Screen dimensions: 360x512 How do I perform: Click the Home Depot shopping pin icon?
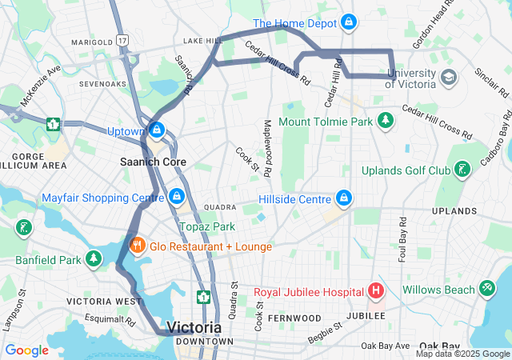point(348,22)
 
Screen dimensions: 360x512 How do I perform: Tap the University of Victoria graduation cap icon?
point(448,78)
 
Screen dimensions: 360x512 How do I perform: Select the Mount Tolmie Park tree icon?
point(386,121)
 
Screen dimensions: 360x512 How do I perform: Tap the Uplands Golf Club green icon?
point(462,169)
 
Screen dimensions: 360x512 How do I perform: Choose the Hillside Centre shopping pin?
point(344,197)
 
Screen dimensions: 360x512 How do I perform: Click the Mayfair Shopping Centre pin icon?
point(177,196)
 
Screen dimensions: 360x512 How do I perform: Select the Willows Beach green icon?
point(486,289)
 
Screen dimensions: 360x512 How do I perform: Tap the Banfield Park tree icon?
point(94,258)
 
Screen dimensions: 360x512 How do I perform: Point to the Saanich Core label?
point(153,162)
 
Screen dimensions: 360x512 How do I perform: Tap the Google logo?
point(26,350)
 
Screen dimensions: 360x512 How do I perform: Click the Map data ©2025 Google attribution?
point(462,354)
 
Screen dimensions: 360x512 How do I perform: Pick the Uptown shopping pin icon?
point(157,129)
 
